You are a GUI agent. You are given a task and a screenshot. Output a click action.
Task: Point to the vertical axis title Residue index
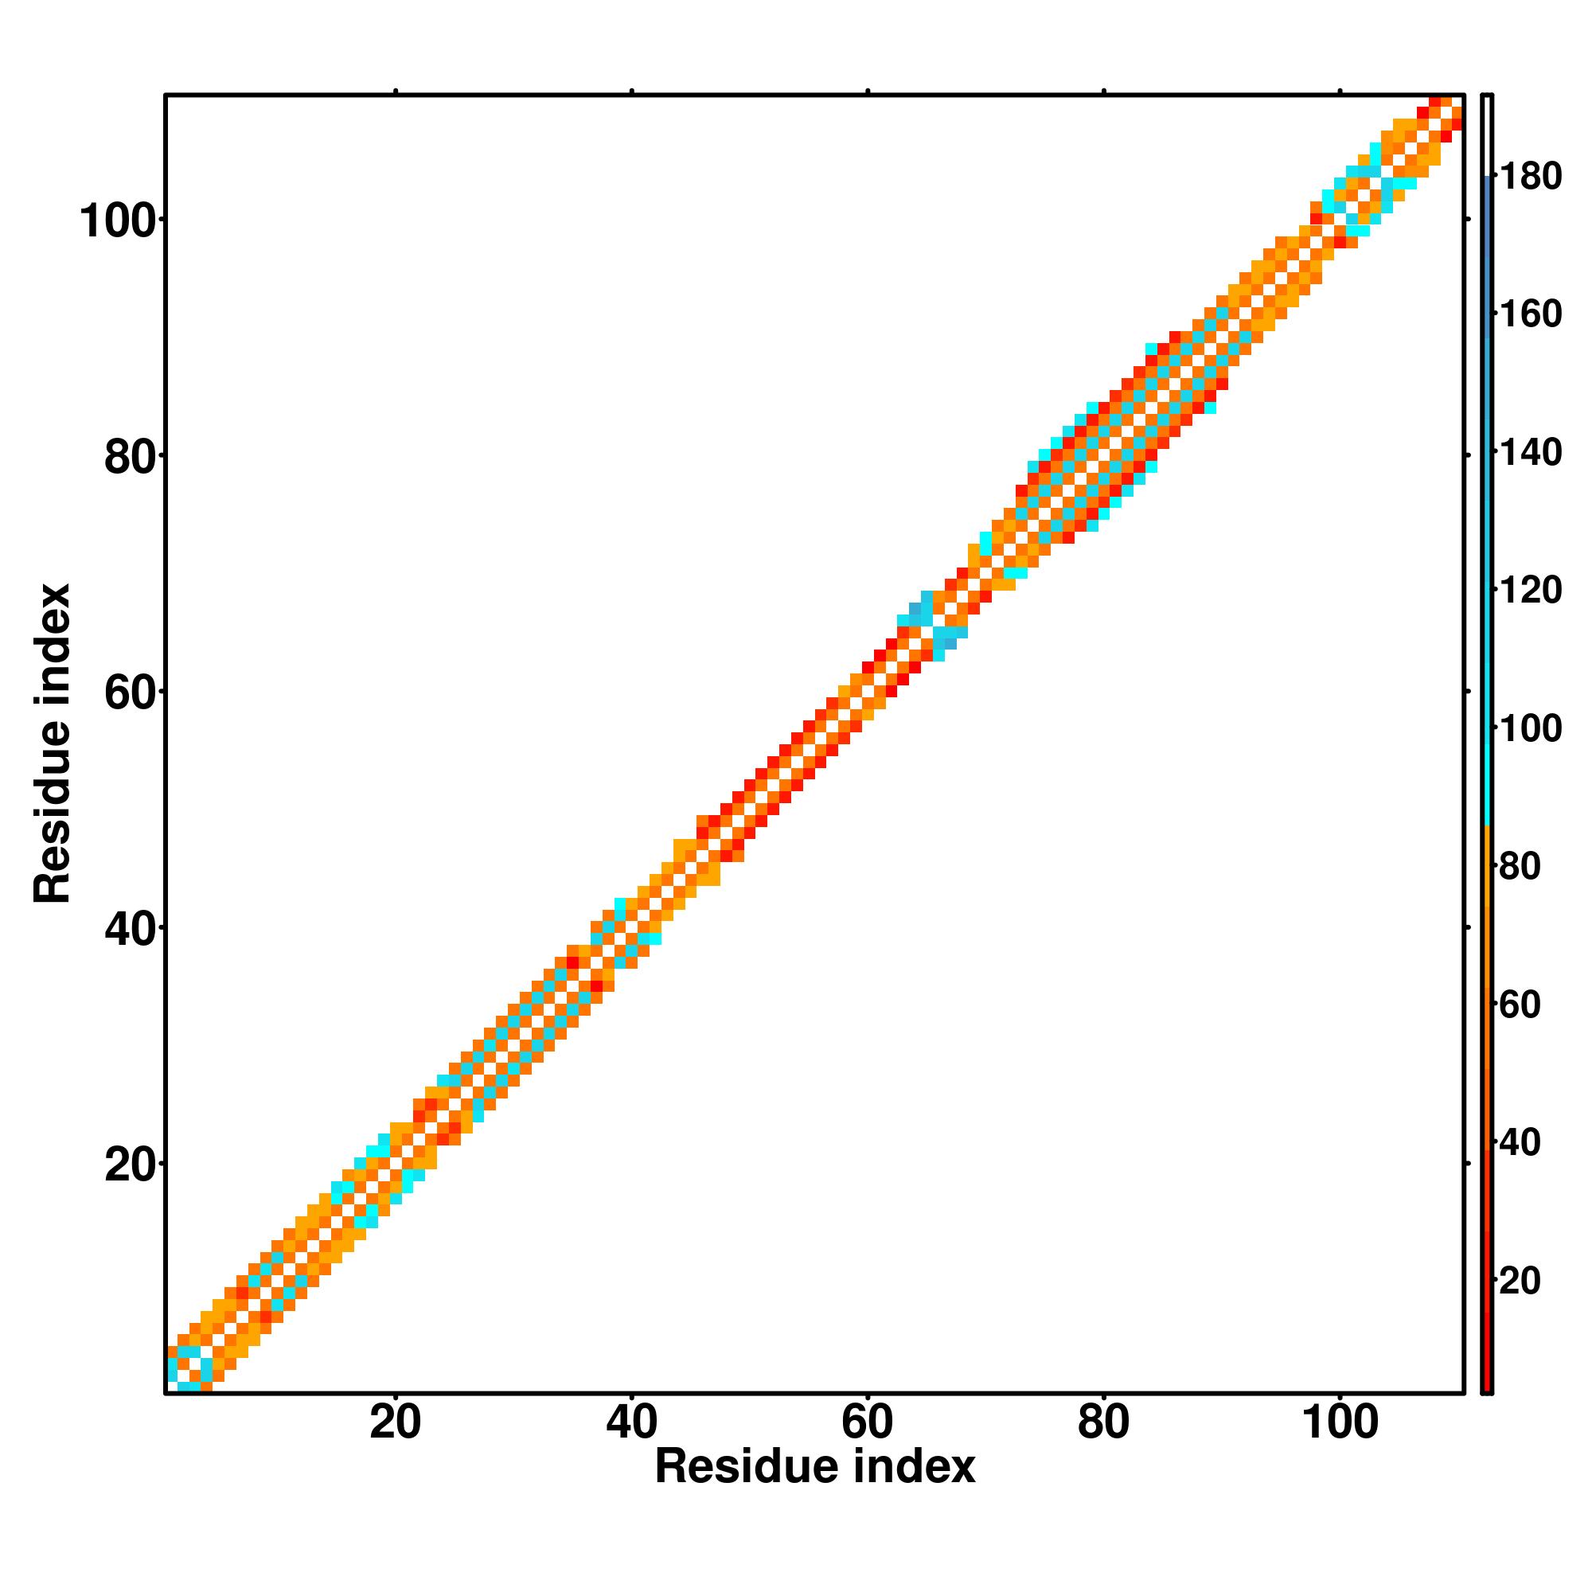tap(53, 743)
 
